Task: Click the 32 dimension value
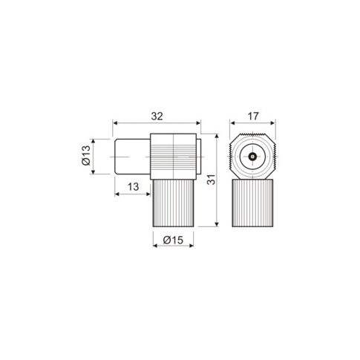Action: pos(157,116)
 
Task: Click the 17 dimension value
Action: pos(253,116)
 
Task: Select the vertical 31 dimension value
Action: pos(211,180)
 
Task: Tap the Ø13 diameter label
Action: pos(86,155)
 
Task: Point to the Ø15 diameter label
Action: pos(173,240)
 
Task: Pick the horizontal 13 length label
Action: pos(133,186)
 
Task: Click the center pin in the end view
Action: pos(252,157)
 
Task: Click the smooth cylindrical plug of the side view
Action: pos(133,157)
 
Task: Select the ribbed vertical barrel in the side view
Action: pos(173,203)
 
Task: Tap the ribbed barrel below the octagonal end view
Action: pos(252,203)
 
